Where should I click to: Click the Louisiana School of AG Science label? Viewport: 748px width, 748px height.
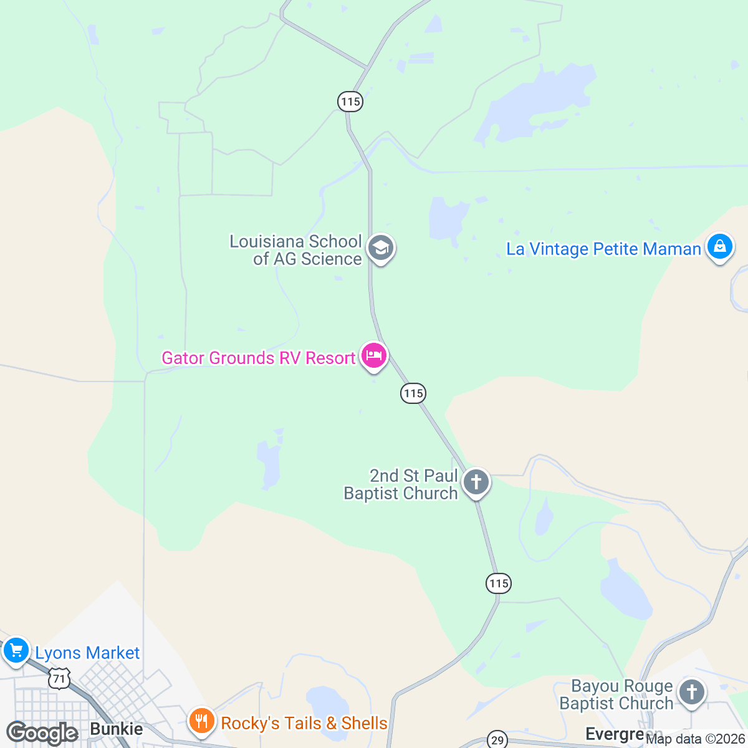pos(295,250)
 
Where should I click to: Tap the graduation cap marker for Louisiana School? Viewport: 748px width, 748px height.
pos(380,248)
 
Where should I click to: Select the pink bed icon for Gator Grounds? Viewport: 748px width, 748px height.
pos(373,356)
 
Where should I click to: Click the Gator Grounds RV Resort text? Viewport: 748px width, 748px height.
pos(258,358)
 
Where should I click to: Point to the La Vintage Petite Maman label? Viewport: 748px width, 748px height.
pos(603,249)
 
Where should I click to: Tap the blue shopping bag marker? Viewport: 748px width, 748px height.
pos(719,246)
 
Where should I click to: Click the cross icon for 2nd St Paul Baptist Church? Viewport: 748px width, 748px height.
pos(476,482)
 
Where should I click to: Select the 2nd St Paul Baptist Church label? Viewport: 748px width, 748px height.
pos(401,484)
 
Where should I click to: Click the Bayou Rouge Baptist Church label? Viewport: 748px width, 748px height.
pos(616,695)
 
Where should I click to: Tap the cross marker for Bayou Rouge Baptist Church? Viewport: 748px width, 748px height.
pos(691,691)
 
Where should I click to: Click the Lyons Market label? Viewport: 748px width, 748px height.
pos(87,653)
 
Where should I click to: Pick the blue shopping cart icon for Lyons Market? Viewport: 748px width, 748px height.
pos(16,651)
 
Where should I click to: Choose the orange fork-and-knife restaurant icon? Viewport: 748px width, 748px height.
pos(201,722)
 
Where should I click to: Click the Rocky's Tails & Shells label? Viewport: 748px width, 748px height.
pos(304,723)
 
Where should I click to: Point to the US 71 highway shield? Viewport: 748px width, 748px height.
pos(59,678)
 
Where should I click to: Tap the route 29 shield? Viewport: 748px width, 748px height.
pos(497,740)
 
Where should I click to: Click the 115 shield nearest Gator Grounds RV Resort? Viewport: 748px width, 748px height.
pos(413,393)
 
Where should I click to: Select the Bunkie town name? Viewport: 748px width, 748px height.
pos(117,729)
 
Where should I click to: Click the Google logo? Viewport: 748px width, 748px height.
pos(41,732)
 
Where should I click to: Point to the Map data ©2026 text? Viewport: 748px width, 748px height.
pos(695,739)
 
